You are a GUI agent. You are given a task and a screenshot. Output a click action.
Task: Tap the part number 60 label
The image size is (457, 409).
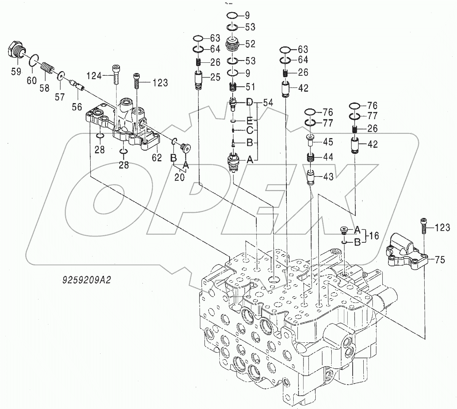pos(31,80)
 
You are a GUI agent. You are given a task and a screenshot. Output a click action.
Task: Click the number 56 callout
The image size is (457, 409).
pos(77,107)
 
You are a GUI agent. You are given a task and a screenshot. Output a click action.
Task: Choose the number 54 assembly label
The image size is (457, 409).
pos(268,102)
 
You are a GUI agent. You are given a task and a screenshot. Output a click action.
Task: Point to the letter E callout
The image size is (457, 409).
pos(249,121)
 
